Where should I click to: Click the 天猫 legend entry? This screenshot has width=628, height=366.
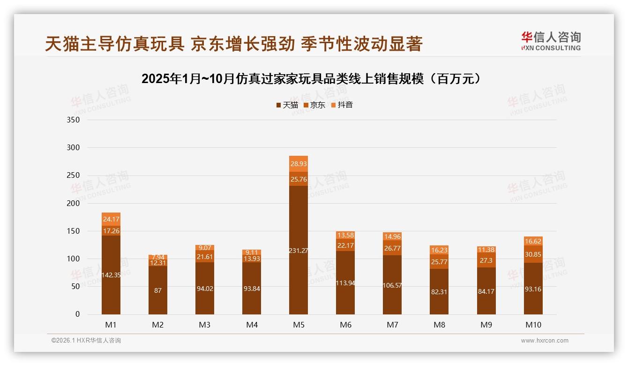coord(287,105)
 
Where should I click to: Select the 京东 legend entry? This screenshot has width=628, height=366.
coord(314,105)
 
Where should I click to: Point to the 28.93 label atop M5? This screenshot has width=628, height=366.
coord(299,164)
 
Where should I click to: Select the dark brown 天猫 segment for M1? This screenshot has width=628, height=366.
coord(111,274)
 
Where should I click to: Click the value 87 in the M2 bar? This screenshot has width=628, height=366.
coord(158,290)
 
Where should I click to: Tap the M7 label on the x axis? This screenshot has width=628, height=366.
coord(392,325)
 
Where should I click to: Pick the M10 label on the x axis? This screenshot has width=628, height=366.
coord(533,325)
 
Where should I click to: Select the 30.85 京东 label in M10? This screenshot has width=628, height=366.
coord(533,254)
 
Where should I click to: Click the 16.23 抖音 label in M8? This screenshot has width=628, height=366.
coord(439,250)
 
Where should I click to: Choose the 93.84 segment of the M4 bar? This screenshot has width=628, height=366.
coord(252,288)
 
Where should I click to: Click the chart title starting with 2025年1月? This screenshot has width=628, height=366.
coord(312,79)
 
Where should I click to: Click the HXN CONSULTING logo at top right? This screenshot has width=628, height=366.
coord(551,41)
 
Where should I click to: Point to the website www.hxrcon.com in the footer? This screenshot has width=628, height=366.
coord(545,341)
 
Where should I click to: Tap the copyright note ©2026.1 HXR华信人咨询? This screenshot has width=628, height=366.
coord(86,341)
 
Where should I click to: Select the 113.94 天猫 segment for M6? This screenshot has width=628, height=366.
coord(345,282)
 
